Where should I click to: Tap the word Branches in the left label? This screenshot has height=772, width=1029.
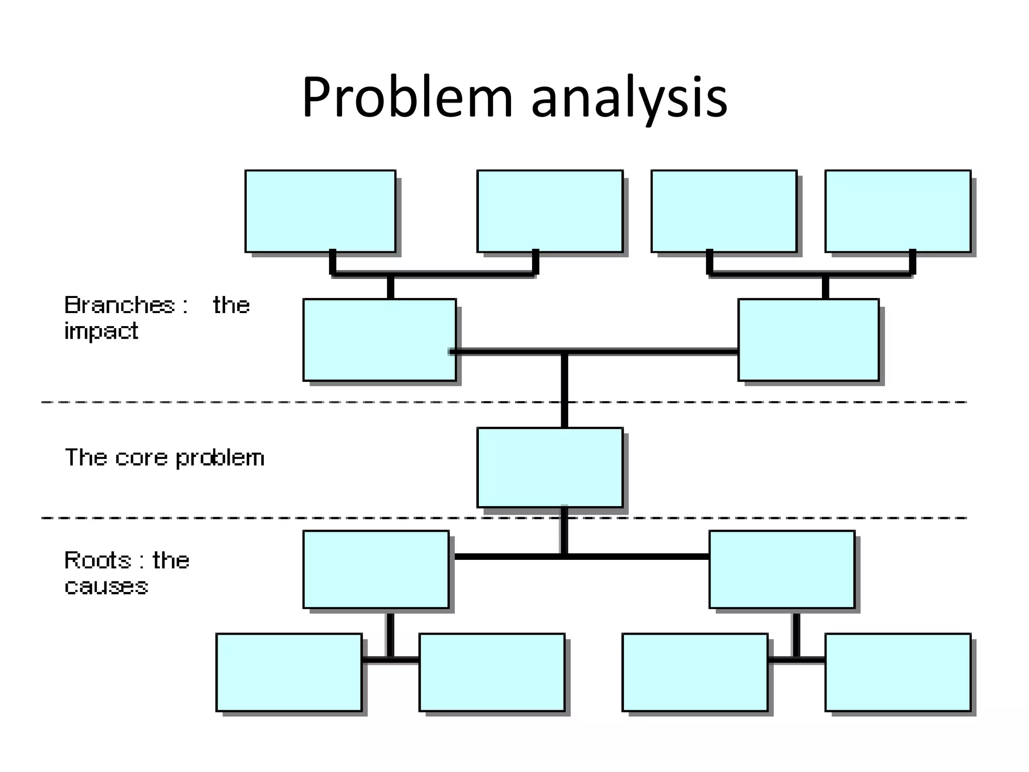coord(120,305)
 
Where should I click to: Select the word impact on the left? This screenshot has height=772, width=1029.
coord(101,331)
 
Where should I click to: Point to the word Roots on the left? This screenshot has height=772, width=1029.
coord(97,560)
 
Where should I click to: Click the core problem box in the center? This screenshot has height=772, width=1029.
coord(550,467)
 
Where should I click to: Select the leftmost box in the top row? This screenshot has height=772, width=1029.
coord(320,211)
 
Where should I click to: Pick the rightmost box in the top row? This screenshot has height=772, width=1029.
coord(898,211)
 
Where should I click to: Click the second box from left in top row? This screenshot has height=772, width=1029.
coord(550,211)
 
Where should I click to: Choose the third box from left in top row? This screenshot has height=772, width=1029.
coord(724,211)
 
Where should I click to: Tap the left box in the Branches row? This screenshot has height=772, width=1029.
coord(379,340)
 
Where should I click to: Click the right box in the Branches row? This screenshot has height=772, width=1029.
coord(808,340)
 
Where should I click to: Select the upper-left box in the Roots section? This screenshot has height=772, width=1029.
coord(376,569)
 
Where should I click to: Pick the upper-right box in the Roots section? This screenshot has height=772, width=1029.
coord(782,569)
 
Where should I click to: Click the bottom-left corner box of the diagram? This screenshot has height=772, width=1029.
coord(289,672)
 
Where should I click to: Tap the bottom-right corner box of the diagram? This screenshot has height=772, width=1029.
coord(898,672)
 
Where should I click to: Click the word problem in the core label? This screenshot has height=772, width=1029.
coord(220,458)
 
